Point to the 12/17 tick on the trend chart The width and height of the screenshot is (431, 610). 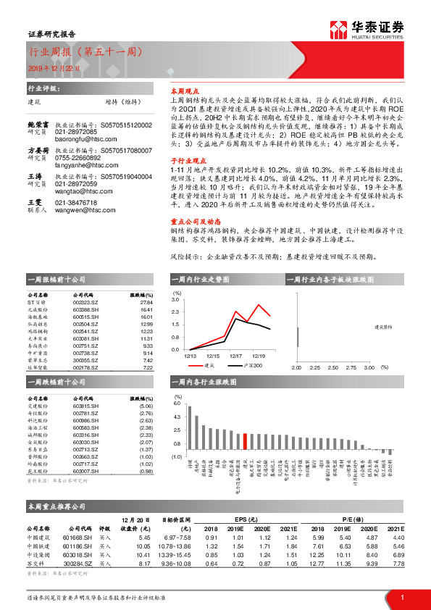point(235,356)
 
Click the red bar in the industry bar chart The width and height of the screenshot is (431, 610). point(246,443)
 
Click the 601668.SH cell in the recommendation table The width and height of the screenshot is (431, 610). point(77,537)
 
